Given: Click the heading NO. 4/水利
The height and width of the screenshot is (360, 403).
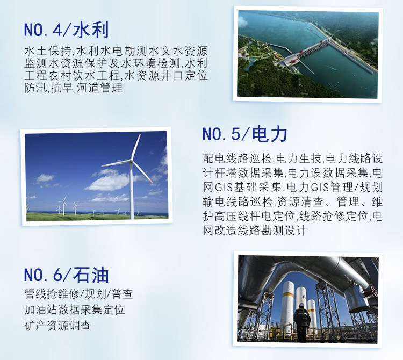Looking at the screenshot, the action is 67,30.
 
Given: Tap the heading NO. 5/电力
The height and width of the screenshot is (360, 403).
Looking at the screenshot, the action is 245,134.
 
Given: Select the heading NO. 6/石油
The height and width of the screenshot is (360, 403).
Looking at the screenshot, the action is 67,275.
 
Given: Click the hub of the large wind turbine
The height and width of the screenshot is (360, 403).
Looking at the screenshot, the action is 131,161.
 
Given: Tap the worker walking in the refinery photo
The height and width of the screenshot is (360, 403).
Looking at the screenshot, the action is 302,322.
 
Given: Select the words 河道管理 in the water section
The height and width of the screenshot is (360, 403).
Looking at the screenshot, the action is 100,88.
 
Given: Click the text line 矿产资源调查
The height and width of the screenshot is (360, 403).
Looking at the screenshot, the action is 58,326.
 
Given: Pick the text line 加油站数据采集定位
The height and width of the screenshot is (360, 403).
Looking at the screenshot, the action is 75,309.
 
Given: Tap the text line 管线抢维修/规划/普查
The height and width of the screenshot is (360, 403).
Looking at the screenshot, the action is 78,294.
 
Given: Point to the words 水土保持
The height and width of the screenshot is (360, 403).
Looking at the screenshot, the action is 47,51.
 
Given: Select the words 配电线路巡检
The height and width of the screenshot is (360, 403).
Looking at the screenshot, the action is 237,159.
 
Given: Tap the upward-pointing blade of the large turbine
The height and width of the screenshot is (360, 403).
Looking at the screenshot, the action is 136,147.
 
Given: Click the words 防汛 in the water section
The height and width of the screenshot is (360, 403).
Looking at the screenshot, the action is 36,88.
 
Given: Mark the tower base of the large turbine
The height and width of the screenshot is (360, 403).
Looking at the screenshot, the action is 132,217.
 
